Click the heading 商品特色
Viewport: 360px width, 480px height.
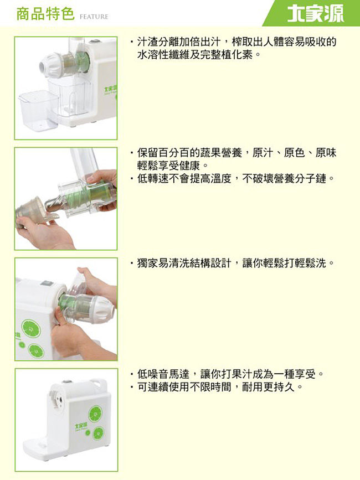pos(45,14)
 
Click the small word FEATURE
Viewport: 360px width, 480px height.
pos(94,17)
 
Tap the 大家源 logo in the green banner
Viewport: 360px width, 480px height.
pos(316,13)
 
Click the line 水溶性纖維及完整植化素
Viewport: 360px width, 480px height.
pos(199,55)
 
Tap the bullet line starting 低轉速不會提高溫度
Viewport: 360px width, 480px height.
pos(232,178)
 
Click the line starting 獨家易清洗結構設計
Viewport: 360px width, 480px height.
pos(232,263)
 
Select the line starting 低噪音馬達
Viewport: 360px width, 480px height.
pos(227,374)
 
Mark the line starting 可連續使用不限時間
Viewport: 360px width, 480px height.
pos(216,387)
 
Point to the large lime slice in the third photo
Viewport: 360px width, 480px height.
pos(31,329)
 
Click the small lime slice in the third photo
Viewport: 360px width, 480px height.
pos(36,351)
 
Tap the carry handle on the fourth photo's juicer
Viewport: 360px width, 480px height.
pos(99,383)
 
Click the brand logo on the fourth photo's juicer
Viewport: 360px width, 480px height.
pos(81,426)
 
